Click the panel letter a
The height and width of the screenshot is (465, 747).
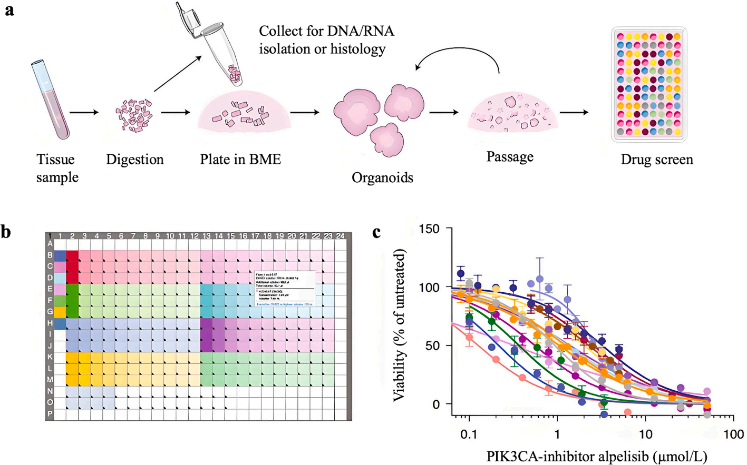(x=9, y=10)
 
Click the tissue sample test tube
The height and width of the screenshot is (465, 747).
(x=50, y=100)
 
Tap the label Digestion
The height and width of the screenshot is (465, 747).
(x=134, y=160)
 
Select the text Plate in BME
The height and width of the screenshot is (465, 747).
(x=240, y=159)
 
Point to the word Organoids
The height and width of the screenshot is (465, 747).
(x=382, y=177)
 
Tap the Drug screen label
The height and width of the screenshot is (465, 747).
(x=656, y=160)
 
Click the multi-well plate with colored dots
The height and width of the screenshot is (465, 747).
(x=649, y=84)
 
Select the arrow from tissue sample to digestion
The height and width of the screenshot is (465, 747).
(x=84, y=112)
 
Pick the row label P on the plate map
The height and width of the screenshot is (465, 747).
(x=50, y=414)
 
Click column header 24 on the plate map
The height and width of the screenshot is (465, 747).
(x=340, y=236)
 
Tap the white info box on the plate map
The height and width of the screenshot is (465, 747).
(x=285, y=289)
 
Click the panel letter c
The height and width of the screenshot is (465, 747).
(x=376, y=232)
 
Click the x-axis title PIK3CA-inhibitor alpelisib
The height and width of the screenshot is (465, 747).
(x=596, y=456)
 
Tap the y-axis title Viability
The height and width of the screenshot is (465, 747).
(x=400, y=327)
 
